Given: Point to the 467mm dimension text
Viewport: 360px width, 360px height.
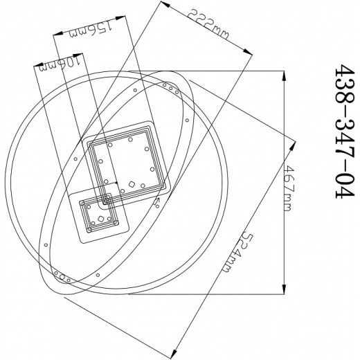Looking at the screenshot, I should pyautogui.click(x=289, y=181).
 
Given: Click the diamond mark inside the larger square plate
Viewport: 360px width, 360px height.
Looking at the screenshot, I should pyautogui.click(x=131, y=185).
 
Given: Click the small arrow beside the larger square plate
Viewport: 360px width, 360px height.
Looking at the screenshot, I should pyautogui.click(x=158, y=204).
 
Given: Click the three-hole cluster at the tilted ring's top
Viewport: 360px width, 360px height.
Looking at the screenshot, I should pyautogui.click(x=170, y=87).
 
